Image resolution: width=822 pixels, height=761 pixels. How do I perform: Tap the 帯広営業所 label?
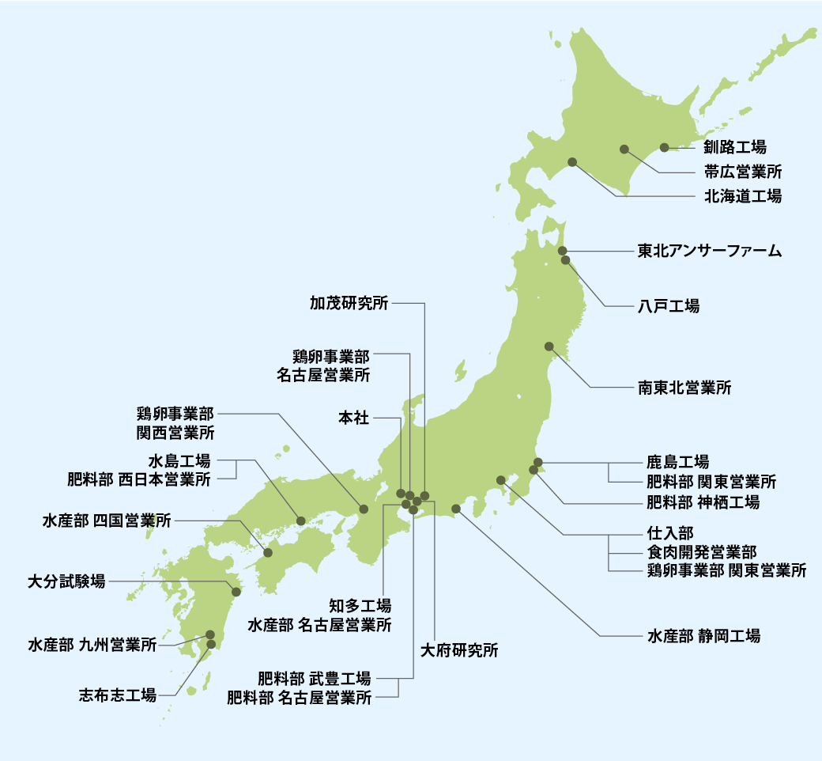pos(742,171)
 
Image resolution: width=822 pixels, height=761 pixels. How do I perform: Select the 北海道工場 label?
pos(742,196)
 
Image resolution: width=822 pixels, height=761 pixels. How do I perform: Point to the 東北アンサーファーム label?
pos(709,252)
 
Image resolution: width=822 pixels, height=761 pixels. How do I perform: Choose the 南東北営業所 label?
pos(684,388)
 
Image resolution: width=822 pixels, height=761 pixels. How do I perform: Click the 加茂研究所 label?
pos(349,302)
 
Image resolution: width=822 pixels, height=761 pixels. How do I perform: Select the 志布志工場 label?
pos(117,695)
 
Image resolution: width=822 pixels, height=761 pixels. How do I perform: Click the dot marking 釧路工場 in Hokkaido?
pos(664,146)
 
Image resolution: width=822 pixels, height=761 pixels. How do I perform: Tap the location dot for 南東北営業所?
pos(549,346)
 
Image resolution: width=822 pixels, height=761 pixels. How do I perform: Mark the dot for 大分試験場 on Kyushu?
pos(236,591)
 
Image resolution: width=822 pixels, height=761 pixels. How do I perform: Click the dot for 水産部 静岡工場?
pos(456,508)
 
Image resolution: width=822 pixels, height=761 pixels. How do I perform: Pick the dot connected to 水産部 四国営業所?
pos(268,552)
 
